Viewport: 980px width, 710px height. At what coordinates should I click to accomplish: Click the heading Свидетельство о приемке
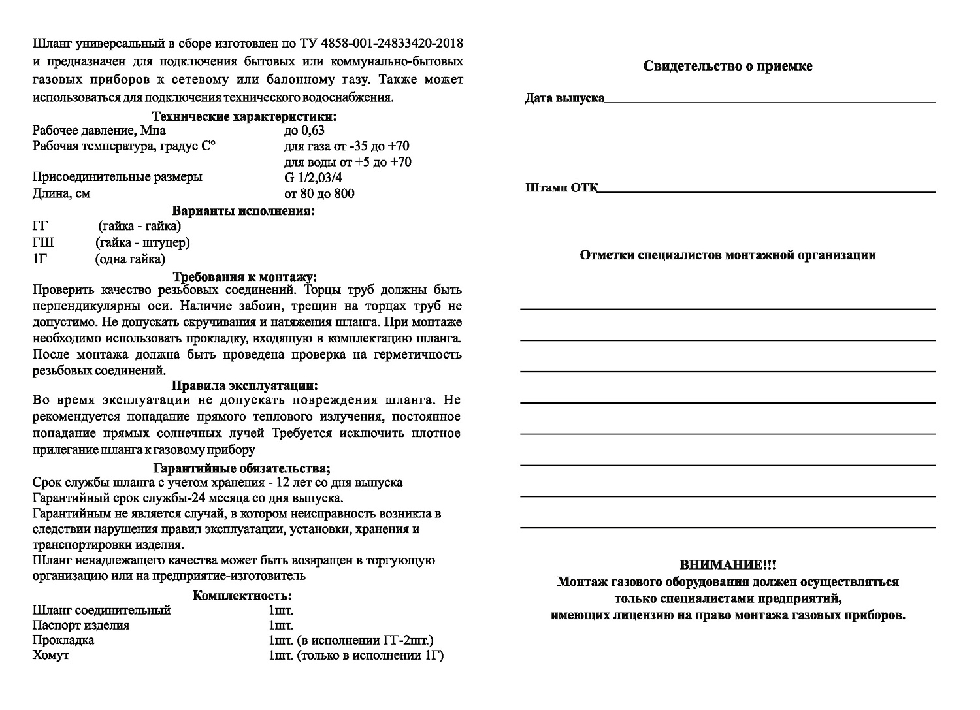[x=728, y=66]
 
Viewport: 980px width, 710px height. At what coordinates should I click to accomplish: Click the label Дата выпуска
[x=564, y=99]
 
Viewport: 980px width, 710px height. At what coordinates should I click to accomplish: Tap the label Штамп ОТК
[x=561, y=188]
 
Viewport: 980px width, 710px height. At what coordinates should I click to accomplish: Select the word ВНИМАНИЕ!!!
[x=728, y=564]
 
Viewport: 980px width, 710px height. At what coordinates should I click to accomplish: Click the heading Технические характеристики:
[x=244, y=117]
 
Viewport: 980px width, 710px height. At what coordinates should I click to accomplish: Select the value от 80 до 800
[x=319, y=193]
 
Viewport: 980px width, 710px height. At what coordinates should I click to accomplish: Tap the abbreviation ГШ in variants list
[x=43, y=243]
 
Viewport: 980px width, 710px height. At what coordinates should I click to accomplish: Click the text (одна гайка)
[x=130, y=259]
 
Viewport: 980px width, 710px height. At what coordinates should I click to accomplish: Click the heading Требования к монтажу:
[x=244, y=277]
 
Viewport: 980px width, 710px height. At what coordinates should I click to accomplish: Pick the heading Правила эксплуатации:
[x=244, y=386]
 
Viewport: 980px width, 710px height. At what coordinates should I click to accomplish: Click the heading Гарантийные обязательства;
[x=242, y=468]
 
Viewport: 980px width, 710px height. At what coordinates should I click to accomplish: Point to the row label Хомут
[x=50, y=655]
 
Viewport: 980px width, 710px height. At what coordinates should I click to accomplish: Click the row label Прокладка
[x=63, y=640]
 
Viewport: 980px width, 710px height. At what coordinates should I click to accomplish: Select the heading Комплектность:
[x=242, y=596]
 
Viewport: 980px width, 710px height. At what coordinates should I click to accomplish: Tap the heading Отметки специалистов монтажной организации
[x=728, y=255]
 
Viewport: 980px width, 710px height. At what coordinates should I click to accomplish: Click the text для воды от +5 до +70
[x=348, y=162]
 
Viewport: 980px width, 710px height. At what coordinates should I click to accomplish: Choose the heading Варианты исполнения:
[x=243, y=211]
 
